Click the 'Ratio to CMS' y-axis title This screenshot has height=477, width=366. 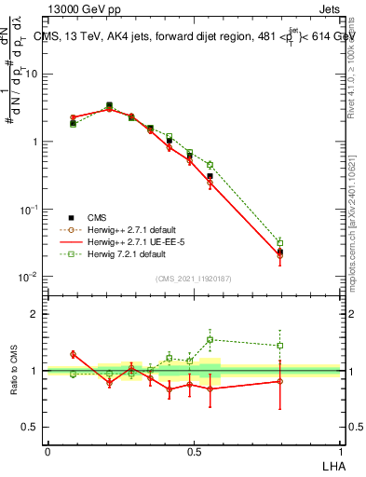coord(14,371)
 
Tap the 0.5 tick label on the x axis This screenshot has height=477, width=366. coord(194,451)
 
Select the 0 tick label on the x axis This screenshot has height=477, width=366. coord(47,451)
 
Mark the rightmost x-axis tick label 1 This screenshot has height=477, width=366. coord(339,451)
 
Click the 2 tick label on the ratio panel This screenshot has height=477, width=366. coord(34,314)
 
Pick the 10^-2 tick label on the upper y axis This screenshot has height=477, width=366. coord(28,278)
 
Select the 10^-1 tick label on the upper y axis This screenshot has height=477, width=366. coord(28,210)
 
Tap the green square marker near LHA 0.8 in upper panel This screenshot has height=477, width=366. coord(280,242)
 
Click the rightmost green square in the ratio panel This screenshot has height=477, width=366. coord(280,345)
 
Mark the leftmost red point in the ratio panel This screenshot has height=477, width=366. coord(74,354)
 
